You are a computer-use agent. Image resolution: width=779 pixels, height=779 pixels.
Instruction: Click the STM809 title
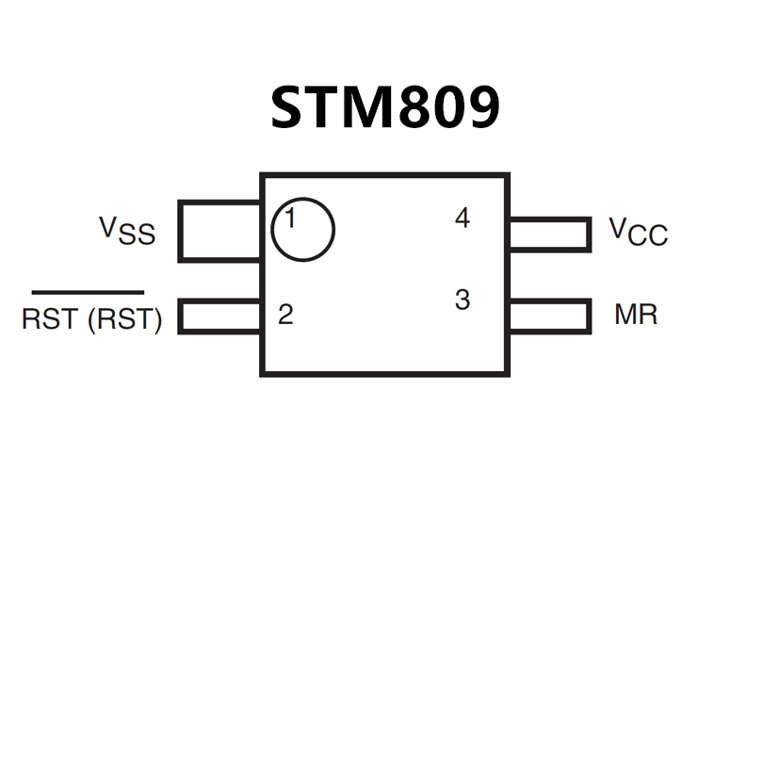click(x=384, y=108)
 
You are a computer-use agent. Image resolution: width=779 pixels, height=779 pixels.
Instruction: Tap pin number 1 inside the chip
click(x=290, y=219)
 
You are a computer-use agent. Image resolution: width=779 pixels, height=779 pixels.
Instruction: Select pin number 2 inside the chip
click(x=285, y=315)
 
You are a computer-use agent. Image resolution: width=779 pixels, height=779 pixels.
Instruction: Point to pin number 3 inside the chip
click(x=462, y=300)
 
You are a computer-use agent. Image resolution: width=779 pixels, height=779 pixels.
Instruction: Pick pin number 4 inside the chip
click(x=462, y=219)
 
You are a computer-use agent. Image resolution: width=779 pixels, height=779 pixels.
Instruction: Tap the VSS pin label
click(x=128, y=230)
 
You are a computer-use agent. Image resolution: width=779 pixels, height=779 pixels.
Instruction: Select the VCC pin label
click(x=638, y=231)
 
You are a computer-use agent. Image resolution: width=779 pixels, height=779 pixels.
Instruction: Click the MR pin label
click(x=636, y=315)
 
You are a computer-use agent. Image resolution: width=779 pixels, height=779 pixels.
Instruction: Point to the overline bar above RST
click(x=88, y=292)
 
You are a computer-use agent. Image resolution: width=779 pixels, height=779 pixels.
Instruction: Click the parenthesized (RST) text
click(x=124, y=319)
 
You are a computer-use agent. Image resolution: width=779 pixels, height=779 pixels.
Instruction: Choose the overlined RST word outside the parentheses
click(x=49, y=319)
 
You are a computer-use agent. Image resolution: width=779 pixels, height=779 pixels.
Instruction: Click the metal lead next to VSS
click(x=219, y=231)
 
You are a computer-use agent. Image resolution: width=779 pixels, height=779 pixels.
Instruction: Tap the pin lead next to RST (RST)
click(x=219, y=316)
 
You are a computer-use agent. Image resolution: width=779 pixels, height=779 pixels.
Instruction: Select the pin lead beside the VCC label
click(x=549, y=235)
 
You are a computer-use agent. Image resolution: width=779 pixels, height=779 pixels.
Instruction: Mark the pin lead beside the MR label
click(x=549, y=316)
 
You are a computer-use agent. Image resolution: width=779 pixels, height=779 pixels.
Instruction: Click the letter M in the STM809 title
click(x=363, y=108)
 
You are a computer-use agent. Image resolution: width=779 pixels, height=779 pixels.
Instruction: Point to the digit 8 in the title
click(x=413, y=108)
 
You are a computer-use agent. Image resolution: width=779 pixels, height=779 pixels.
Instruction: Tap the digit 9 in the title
click(x=480, y=108)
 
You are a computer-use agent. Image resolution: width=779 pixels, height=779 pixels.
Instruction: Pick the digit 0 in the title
click(x=446, y=108)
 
